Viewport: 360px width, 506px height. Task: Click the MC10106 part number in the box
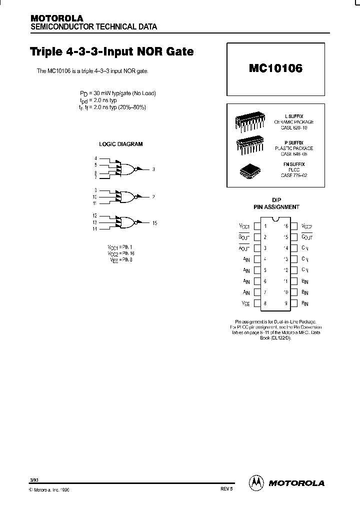[275, 69]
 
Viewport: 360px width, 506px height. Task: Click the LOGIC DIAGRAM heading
[120, 144]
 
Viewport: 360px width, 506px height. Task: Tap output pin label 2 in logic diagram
[153, 197]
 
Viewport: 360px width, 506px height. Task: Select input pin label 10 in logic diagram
[94, 197]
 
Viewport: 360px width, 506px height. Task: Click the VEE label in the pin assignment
[245, 303]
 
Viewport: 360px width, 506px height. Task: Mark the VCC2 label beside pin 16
[306, 226]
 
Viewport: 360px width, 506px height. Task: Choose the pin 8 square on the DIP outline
[257, 303]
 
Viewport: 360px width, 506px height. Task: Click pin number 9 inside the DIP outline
[286, 303]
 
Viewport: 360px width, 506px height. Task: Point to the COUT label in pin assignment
[306, 237]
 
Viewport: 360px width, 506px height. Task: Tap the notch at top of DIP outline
[275, 220]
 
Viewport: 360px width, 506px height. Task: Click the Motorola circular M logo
[256, 482]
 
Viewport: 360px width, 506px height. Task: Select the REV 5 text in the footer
[226, 489]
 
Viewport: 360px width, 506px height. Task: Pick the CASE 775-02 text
[294, 175]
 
